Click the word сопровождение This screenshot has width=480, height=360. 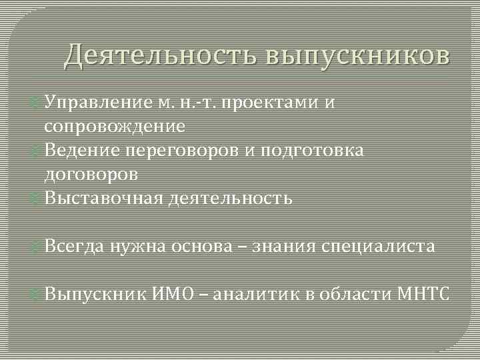pos(115,126)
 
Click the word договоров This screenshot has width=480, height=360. pos(91,175)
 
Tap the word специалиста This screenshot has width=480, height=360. pos(379,247)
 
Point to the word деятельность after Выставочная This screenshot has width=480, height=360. pos(230,199)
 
